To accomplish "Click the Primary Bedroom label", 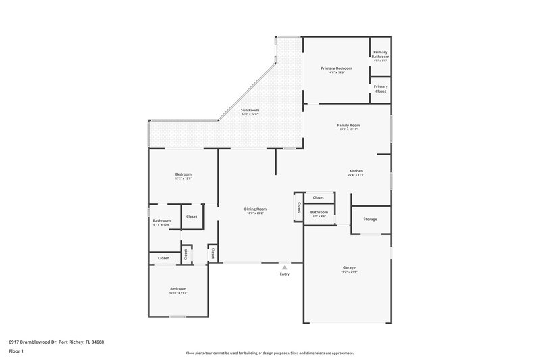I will click(x=336, y=68).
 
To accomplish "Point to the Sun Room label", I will click(x=250, y=110).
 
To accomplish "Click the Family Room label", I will click(x=348, y=125).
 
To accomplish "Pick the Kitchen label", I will click(x=356, y=170).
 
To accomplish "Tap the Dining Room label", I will click(x=255, y=209).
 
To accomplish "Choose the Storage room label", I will click(x=370, y=219).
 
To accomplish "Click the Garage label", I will click(x=349, y=267).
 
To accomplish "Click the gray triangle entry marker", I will click(x=284, y=267).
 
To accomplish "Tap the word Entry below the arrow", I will click(x=284, y=274).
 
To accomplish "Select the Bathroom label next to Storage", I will click(x=319, y=212).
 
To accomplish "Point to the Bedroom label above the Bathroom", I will click(x=184, y=174).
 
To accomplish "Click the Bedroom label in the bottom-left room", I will click(x=178, y=288).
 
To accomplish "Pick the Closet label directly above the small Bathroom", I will click(x=319, y=197).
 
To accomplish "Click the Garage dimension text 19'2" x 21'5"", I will click(x=349, y=272).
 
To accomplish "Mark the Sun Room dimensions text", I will click(x=250, y=115).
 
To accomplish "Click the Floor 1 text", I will click(x=16, y=351).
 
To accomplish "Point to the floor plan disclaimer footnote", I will click(x=269, y=353).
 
